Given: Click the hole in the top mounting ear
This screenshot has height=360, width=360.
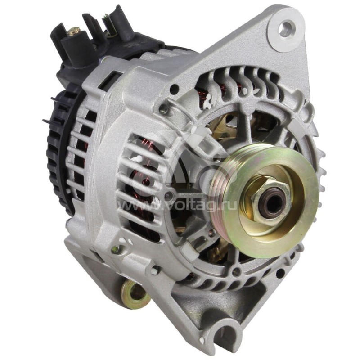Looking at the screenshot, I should coord(284,30).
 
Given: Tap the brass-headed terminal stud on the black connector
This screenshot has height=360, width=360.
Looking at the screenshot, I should coord(75,31).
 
